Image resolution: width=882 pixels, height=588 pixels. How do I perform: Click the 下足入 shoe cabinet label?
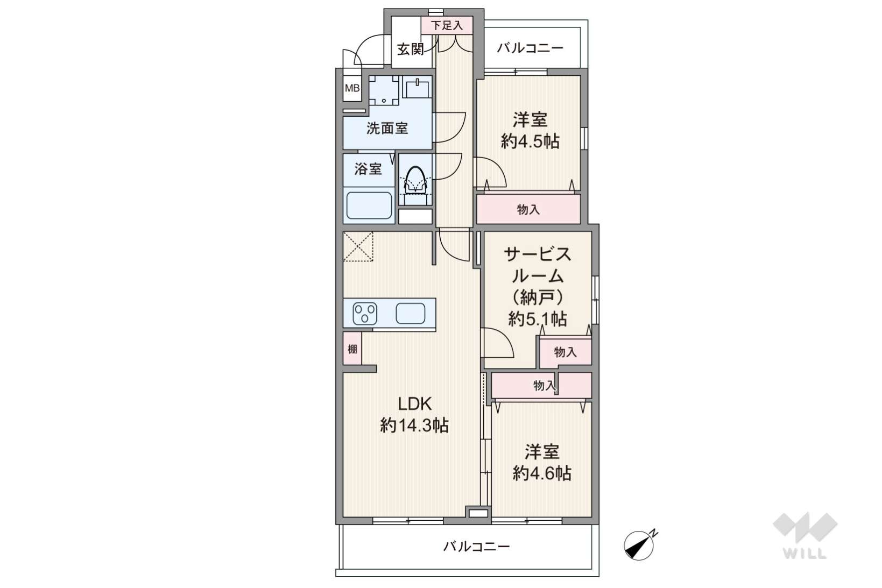(x=447, y=26)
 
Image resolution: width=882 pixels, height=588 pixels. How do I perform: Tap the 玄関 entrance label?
(x=410, y=49)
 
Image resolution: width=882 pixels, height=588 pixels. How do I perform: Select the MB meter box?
(x=352, y=89)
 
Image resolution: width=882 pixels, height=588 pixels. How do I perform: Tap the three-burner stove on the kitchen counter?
(x=365, y=314)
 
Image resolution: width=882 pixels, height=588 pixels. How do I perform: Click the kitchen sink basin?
(x=410, y=314)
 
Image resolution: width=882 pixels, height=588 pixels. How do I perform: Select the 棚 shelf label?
(x=352, y=349)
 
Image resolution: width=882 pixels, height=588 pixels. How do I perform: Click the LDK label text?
(x=414, y=404)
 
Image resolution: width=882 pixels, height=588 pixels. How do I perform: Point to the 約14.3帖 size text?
(x=414, y=426)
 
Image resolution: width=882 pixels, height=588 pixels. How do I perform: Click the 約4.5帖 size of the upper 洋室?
(x=530, y=141)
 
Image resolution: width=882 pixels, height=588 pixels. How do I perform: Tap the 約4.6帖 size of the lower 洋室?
(x=542, y=473)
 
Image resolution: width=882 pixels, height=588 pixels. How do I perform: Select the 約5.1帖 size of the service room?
(x=538, y=319)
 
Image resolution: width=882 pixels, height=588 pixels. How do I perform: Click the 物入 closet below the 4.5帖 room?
(x=528, y=209)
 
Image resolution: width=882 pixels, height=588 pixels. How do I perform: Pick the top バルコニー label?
(x=530, y=48)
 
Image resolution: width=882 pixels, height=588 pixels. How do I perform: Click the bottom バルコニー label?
(x=476, y=546)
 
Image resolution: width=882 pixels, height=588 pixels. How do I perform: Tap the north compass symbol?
(x=639, y=545)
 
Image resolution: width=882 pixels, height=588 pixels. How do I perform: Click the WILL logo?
(x=805, y=535)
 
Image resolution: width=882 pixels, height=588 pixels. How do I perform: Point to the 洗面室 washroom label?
(x=387, y=128)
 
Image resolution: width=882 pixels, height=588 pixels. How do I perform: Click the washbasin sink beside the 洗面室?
(x=417, y=87)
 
